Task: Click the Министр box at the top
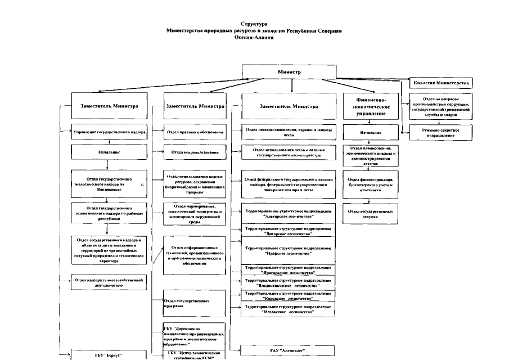(x=289, y=73)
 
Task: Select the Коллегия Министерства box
(x=441, y=83)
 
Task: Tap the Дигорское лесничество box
(x=288, y=231)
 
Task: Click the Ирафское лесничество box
(x=288, y=250)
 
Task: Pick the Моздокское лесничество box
(x=288, y=308)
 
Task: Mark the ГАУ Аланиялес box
(x=288, y=349)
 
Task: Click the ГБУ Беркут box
(x=108, y=355)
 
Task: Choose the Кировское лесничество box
(x=288, y=296)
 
